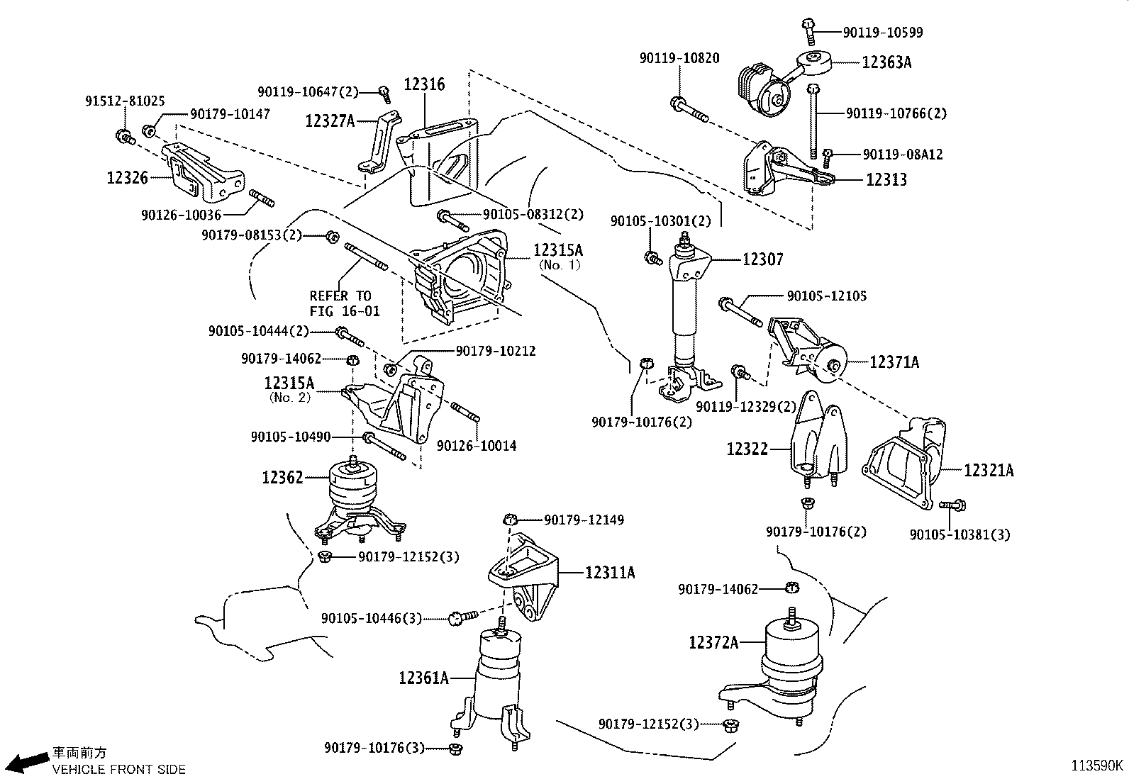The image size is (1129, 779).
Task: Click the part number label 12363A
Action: click(886, 62)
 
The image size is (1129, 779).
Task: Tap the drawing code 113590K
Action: click(1097, 766)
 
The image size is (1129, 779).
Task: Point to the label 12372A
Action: click(713, 642)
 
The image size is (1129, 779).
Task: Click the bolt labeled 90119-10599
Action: click(808, 28)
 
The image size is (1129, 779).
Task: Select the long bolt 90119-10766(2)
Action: click(814, 121)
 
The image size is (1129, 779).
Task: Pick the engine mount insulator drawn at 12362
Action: click(353, 496)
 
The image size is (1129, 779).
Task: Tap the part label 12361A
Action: click(423, 678)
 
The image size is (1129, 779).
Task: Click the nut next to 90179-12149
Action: click(510, 520)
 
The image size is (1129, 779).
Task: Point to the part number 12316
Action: click(424, 85)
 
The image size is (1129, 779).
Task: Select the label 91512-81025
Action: click(125, 101)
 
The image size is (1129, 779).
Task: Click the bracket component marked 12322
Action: click(817, 438)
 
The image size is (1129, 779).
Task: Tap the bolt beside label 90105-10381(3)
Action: click(952, 505)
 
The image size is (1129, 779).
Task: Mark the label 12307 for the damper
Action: click(762, 259)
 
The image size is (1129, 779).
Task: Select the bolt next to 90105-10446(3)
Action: click(457, 619)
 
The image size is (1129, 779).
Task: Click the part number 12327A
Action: click(330, 121)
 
